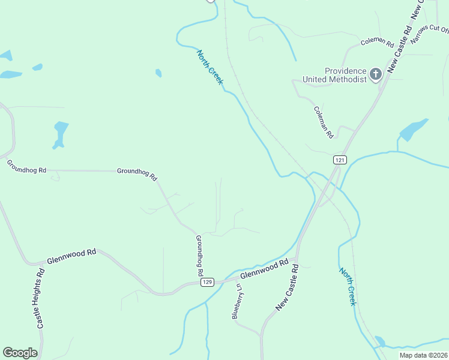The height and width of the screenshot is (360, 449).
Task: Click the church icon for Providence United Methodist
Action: click(x=376, y=74)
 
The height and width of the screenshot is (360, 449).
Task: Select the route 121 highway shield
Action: click(x=340, y=160)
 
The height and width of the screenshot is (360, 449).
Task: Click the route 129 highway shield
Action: click(x=208, y=282)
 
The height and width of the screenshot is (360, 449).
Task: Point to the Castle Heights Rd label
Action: click(x=41, y=298)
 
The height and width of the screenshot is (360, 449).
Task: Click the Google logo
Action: click(x=20, y=353)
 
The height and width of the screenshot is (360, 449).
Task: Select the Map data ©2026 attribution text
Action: click(x=424, y=355)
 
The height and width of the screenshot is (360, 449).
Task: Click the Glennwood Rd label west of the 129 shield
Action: click(x=71, y=257)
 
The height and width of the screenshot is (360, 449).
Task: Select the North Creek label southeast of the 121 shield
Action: click(x=348, y=287)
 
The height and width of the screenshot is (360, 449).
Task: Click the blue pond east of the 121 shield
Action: click(x=414, y=130)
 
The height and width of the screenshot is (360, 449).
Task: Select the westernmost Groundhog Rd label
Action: click(x=26, y=166)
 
